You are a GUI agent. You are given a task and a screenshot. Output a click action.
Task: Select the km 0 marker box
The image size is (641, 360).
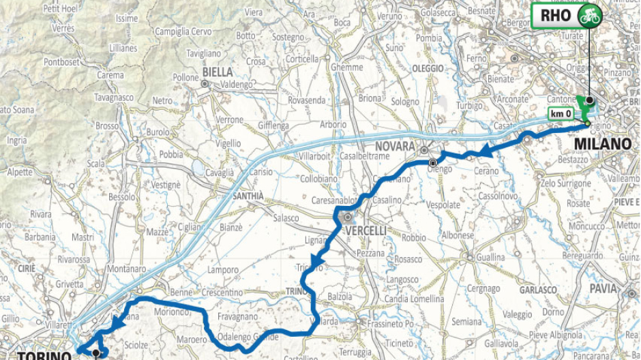point(561,114)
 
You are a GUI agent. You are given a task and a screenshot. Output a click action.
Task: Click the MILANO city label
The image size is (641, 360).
point(602,145)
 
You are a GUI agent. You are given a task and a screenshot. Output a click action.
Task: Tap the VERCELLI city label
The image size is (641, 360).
point(366,231)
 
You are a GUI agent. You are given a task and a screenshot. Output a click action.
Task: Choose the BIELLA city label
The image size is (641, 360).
point(218,72)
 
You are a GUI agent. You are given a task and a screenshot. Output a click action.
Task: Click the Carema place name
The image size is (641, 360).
point(110,75)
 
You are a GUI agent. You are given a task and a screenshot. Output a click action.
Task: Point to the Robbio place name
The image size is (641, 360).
point(413,239)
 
